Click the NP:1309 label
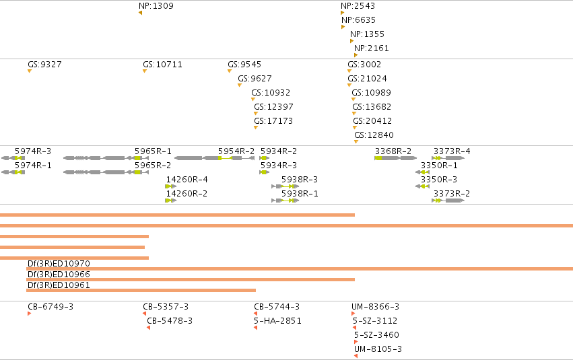coord(156,6)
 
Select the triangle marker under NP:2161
coord(356,55)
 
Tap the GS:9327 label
coord(44,64)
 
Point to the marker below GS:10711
coord(145,71)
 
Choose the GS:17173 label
coord(273,121)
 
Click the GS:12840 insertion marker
coord(356,142)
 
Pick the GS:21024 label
coord(367,79)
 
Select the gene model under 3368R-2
coord(395,158)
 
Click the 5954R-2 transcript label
coord(236,151)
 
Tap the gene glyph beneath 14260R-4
coord(170,186)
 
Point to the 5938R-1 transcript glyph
coord(285,201)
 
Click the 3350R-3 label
coord(439,179)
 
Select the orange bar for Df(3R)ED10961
coord(141,291)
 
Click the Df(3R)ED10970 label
coord(59,264)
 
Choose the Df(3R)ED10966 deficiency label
coord(59,274)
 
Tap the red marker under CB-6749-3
coord(29,314)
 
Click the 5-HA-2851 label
coord(277,320)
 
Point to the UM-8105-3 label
coord(378,349)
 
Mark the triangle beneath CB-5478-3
coord(148,328)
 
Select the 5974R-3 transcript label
coord(33,151)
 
